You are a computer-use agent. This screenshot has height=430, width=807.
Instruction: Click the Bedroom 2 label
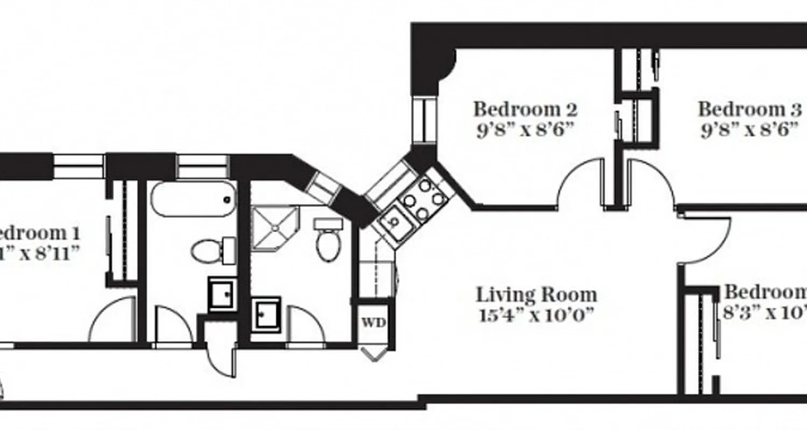pyautogui.click(x=525, y=109)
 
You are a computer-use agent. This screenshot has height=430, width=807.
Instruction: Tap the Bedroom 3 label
pyautogui.click(x=749, y=109)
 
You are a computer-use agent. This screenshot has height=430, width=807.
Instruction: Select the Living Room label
pyautogui.click(x=536, y=295)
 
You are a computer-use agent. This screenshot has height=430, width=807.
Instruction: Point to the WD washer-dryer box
pyautogui.click(x=373, y=323)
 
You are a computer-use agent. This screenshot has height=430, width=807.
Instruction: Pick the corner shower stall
pyautogui.click(x=274, y=228)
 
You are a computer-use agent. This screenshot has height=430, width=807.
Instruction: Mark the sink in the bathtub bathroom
pyautogui.click(x=222, y=293)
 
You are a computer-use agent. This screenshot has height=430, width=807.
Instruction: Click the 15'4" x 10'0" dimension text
pyautogui.click(x=536, y=314)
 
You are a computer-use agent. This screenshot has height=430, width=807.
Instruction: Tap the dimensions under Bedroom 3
pyautogui.click(x=748, y=131)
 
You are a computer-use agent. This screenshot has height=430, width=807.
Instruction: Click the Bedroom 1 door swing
pyautogui.click(x=112, y=321)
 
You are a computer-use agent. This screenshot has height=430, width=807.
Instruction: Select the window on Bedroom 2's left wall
pyautogui.click(x=425, y=120)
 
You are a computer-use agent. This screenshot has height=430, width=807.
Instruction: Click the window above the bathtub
pyautogui.click(x=203, y=166)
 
